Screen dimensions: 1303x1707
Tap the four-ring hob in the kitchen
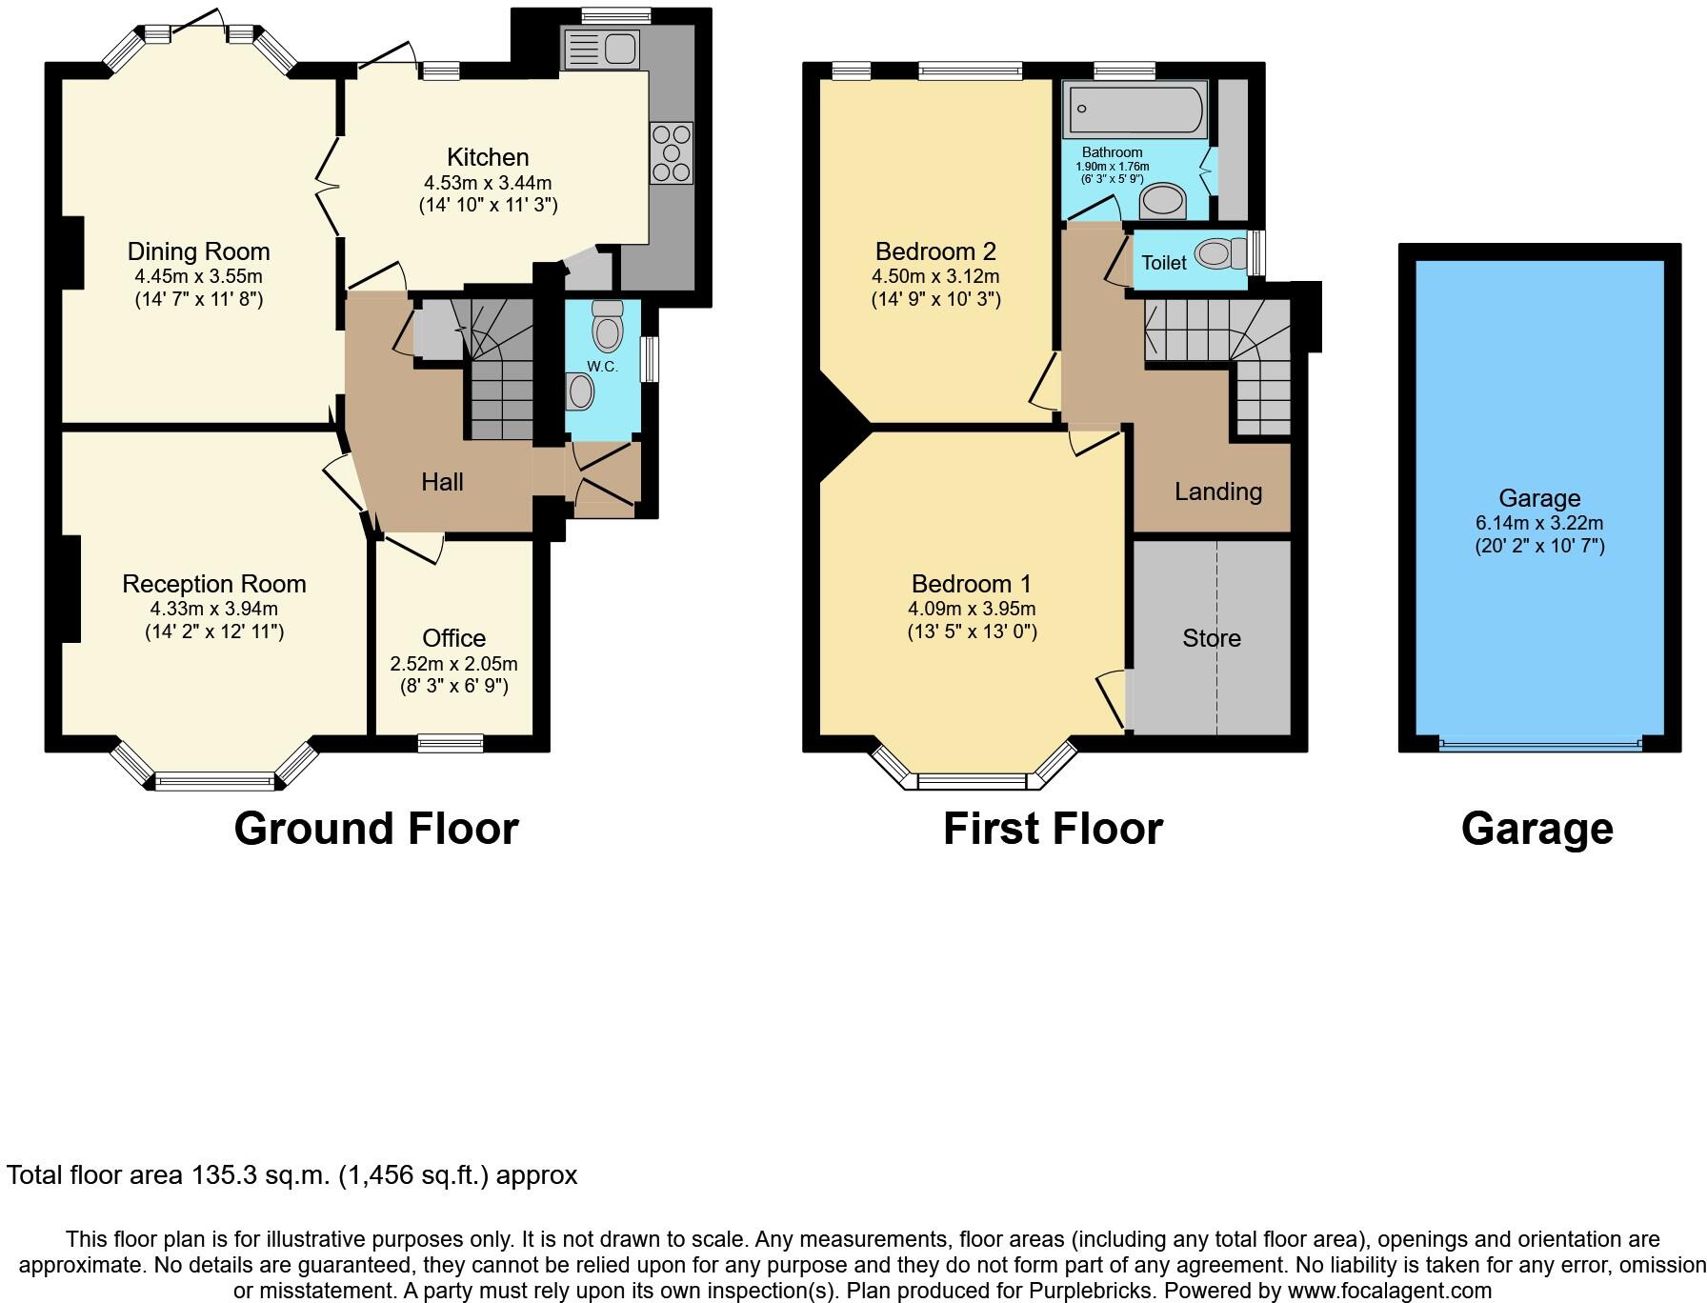tap(671, 153)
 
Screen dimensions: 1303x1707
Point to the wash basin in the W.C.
tap(579, 391)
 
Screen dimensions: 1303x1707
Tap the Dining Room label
tap(198, 251)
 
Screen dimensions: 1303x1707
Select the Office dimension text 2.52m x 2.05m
tap(453, 664)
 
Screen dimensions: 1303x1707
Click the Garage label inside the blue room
tap(1538, 498)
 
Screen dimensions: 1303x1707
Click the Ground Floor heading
tap(376, 829)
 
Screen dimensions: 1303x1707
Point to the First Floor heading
tap(1053, 829)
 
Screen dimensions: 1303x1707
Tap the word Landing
tap(1217, 491)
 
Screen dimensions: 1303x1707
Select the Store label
tap(1211, 638)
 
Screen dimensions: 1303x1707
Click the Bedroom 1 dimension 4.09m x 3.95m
tap(972, 609)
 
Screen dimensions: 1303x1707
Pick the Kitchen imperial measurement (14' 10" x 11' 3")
tap(488, 205)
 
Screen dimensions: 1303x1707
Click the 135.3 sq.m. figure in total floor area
tap(261, 1175)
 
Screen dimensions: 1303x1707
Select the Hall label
tap(442, 482)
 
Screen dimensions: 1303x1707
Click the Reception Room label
tap(214, 584)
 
